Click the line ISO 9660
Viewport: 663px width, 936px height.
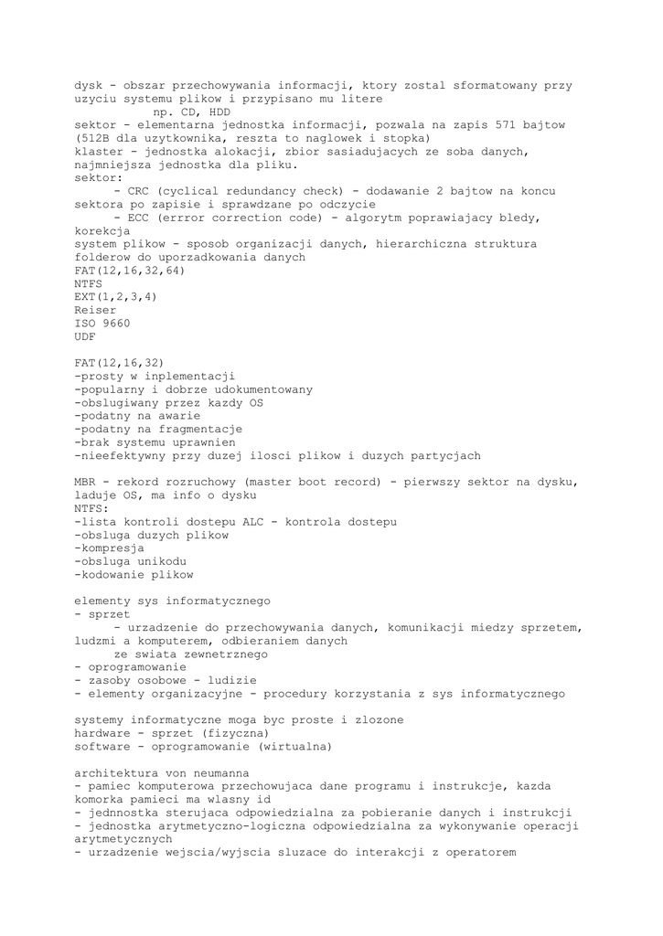103,324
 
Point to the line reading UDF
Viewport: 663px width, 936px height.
86,336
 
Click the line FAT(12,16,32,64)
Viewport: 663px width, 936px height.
130,271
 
